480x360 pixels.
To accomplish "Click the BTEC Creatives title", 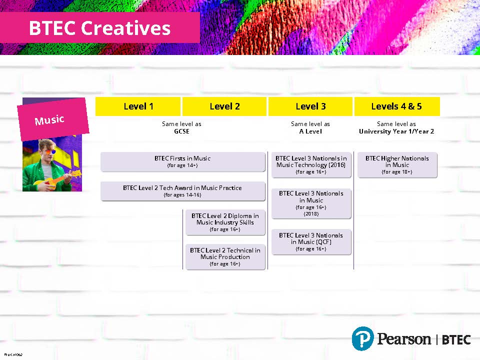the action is tap(100, 28).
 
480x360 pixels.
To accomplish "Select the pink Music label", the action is tap(53, 119).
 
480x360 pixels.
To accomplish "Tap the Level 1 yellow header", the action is tap(138, 106).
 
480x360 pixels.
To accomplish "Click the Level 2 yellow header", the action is tap(224, 106).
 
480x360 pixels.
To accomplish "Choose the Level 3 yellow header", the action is tap(310, 106).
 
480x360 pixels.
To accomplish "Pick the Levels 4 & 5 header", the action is tap(396, 106).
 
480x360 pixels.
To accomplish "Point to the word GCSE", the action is tap(181, 131).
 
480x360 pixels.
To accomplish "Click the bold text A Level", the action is tap(310, 131).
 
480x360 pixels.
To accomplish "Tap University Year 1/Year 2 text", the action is tap(396, 131).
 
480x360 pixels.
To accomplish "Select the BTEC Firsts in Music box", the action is tap(183, 161).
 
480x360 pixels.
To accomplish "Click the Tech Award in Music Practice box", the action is tap(183, 191).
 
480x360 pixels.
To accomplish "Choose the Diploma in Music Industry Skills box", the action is tap(225, 222).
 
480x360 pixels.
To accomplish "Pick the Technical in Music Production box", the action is tap(225, 257).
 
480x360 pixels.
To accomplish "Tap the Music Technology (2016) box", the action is tap(311, 164).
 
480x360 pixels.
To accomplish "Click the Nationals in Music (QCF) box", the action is tap(311, 242).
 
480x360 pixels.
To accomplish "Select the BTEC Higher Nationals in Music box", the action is tap(397, 164).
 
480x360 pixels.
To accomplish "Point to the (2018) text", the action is tap(311, 214).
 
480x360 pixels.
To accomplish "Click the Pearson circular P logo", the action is tap(363, 338).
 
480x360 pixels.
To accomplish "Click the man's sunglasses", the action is tap(49, 151).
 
